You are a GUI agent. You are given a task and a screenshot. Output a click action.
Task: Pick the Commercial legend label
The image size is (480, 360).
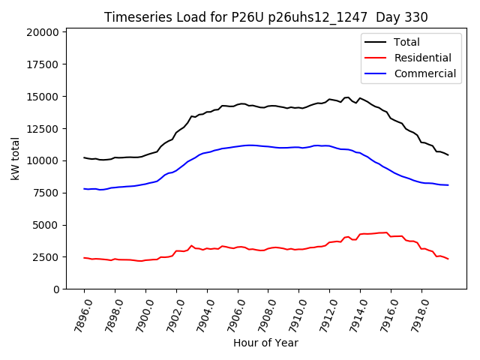(x=424, y=73)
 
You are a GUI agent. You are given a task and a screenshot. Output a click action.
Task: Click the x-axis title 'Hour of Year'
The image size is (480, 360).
(x=265, y=343)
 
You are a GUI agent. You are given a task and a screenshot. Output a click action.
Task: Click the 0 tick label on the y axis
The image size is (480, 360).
(x=56, y=289)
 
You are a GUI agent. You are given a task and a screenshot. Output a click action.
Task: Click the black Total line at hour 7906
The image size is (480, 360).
(x=238, y=104)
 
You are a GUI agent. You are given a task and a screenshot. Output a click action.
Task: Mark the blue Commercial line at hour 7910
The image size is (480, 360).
(x=299, y=147)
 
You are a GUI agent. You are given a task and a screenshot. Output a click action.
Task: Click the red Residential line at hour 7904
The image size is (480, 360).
(x=207, y=249)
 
